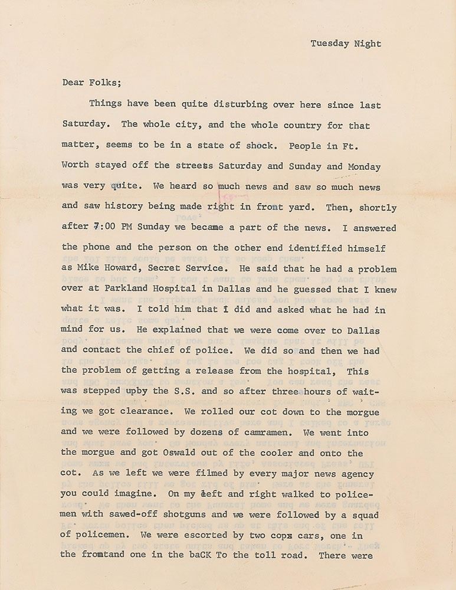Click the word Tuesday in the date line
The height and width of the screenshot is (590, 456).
click(330, 43)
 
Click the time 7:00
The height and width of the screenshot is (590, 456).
click(105, 228)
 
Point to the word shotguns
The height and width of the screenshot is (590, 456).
click(192, 514)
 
